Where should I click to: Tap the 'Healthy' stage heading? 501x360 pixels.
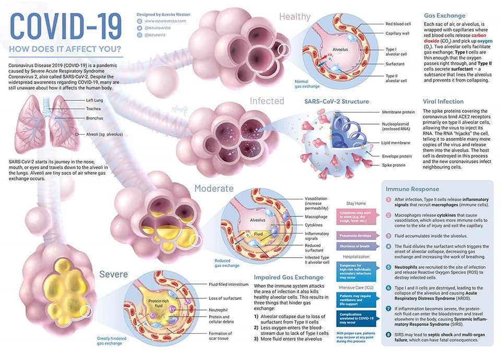point(295,17)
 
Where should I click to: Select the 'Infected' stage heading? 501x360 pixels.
point(267,101)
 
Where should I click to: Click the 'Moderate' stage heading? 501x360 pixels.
point(213,188)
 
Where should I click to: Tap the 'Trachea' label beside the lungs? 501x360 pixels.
point(93,109)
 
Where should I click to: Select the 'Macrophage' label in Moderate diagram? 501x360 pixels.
point(315,217)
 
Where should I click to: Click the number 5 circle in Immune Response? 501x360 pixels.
point(389,267)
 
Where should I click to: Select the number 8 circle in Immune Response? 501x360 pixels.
point(389,334)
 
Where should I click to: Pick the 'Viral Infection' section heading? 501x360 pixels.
point(443,102)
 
